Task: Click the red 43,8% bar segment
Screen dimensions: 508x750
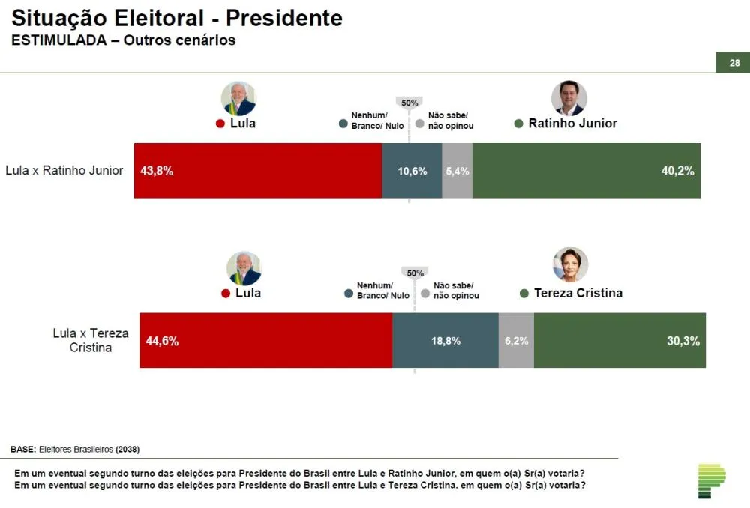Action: click(x=257, y=171)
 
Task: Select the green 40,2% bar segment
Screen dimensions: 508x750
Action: click(x=586, y=171)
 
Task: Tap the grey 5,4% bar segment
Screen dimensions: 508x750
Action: click(x=457, y=171)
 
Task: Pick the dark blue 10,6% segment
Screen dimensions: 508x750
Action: click(x=412, y=171)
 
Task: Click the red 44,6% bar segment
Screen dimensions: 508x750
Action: click(x=265, y=341)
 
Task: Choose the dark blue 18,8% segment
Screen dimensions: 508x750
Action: click(x=445, y=341)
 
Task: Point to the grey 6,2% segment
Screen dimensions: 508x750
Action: click(x=516, y=341)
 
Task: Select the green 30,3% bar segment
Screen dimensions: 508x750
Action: click(x=619, y=341)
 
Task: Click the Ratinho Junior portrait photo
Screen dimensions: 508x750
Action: click(x=568, y=98)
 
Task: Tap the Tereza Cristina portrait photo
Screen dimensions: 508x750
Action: click(x=570, y=264)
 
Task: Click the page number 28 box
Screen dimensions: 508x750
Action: click(x=733, y=63)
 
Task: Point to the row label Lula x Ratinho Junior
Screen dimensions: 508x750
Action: click(x=64, y=170)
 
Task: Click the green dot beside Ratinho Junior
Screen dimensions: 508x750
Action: click(x=518, y=124)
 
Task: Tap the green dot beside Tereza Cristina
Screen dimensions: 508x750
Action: click(x=523, y=294)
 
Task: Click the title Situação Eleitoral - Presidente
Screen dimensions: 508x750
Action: click(x=177, y=18)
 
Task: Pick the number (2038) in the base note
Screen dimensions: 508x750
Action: click(x=127, y=450)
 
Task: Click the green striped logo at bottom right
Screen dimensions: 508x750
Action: click(x=711, y=480)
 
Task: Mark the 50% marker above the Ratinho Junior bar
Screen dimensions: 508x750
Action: click(x=409, y=103)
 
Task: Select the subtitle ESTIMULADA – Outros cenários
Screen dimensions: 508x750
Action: click(x=123, y=40)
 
